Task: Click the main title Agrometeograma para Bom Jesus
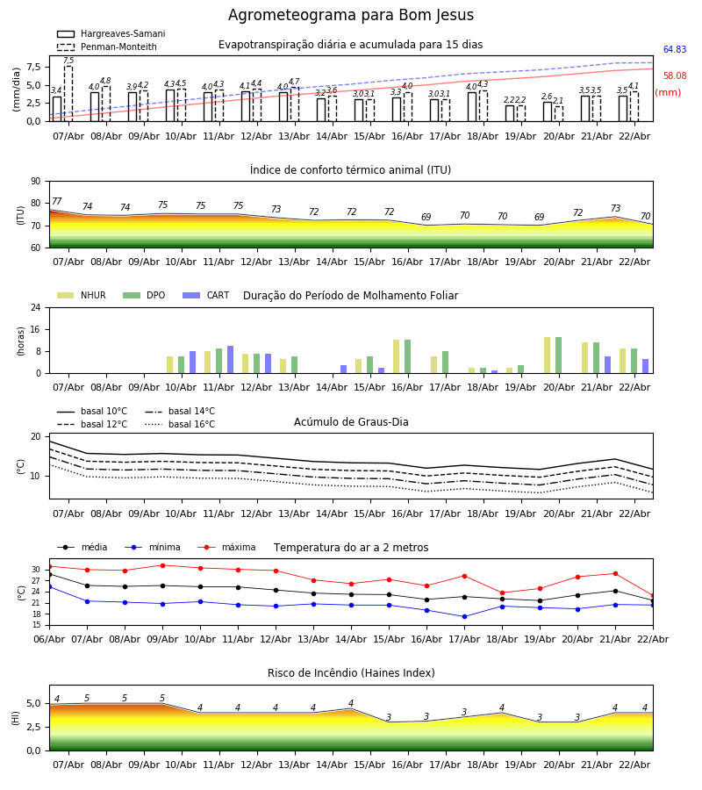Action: (351, 16)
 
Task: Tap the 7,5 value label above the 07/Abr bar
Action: (68, 61)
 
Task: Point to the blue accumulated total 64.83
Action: (675, 50)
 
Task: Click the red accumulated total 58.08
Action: (675, 76)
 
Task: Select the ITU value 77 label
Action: (57, 202)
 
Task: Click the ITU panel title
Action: (350, 170)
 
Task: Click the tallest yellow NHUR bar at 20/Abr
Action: (547, 355)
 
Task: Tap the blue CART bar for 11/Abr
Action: (231, 359)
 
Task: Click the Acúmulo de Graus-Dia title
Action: (351, 422)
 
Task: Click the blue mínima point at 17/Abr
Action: (464, 616)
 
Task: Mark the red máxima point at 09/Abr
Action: (161, 565)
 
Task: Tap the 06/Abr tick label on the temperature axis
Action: (49, 638)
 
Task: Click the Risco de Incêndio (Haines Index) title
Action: (351, 673)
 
